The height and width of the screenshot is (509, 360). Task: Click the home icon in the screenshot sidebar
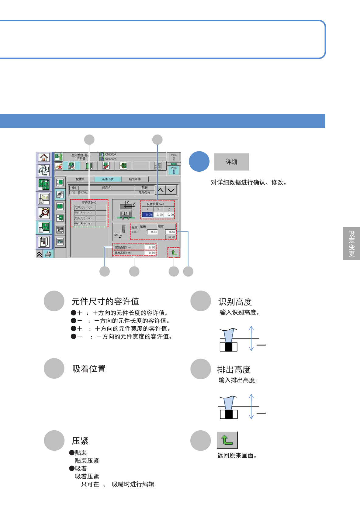(44, 157)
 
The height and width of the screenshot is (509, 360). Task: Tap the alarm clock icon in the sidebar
(44, 213)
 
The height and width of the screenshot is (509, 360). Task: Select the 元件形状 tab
(108, 179)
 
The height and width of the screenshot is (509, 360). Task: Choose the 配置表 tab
(80, 179)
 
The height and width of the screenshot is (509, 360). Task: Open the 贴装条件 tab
(135, 179)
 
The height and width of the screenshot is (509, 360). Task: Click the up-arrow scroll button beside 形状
(160, 190)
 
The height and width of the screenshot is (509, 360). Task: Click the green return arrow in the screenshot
(174, 253)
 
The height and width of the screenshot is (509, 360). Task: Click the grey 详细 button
(231, 162)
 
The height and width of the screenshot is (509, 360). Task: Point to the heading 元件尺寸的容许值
(105, 301)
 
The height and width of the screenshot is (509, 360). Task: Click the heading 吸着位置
(89, 369)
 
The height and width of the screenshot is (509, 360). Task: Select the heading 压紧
(80, 441)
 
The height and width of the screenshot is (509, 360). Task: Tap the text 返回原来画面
(237, 456)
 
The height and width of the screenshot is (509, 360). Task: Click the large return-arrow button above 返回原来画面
(227, 440)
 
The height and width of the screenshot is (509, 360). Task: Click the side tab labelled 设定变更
(351, 244)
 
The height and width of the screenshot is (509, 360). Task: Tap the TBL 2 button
(174, 157)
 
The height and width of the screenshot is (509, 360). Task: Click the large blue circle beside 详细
(199, 161)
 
